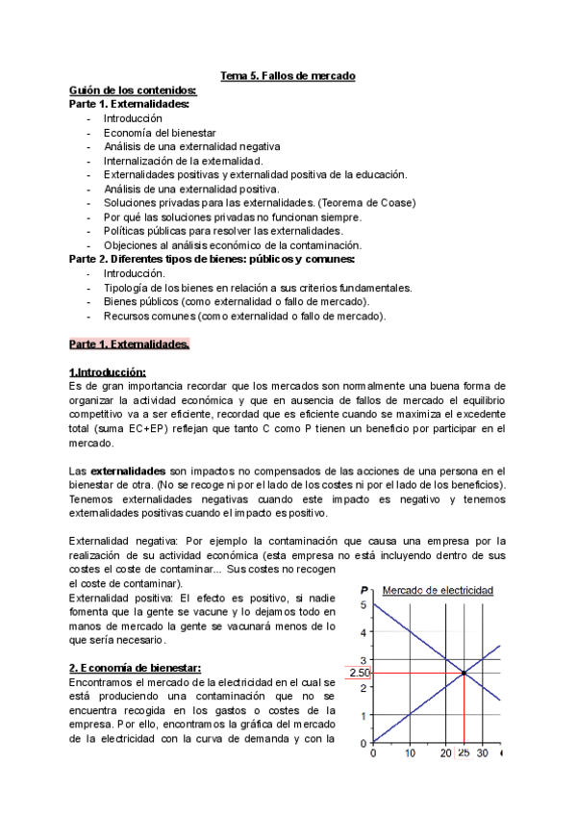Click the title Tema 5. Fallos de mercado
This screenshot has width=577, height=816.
click(288, 76)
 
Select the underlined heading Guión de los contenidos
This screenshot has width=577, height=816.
click(134, 90)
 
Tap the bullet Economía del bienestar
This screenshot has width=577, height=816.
click(161, 132)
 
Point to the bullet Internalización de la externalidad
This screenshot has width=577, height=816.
click(184, 160)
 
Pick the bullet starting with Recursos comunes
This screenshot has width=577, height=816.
click(245, 315)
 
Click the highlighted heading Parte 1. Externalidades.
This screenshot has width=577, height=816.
click(130, 344)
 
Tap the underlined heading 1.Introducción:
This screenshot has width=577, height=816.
click(108, 371)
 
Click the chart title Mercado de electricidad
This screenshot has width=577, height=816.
click(439, 590)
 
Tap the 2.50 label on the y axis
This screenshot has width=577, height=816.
click(360, 673)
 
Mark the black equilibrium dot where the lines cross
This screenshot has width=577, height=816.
click(464, 673)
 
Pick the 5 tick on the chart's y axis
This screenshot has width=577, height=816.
click(364, 604)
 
